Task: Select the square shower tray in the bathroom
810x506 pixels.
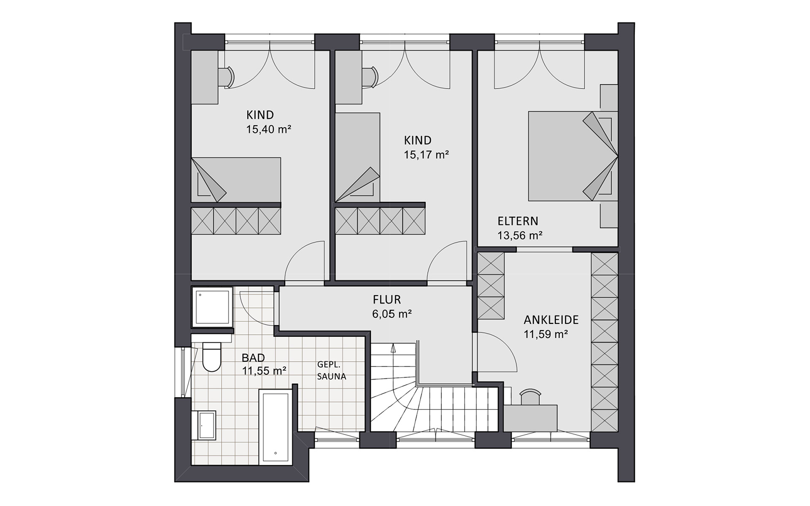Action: [x=212, y=307]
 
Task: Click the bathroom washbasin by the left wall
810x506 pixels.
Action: [x=204, y=425]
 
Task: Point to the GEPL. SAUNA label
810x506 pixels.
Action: [x=332, y=371]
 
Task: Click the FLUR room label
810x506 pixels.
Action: [x=386, y=300]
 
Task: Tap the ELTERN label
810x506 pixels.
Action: [x=518, y=221]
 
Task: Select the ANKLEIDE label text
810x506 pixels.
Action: [x=551, y=320]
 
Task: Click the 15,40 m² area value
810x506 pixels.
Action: [x=269, y=129]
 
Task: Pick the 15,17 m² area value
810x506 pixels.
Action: [x=426, y=155]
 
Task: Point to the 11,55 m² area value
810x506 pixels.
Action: [x=265, y=371]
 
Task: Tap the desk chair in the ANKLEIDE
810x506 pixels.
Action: [x=530, y=398]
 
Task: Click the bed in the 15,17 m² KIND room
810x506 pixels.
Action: [x=358, y=157]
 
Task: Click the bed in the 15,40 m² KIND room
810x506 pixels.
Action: [x=236, y=180]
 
